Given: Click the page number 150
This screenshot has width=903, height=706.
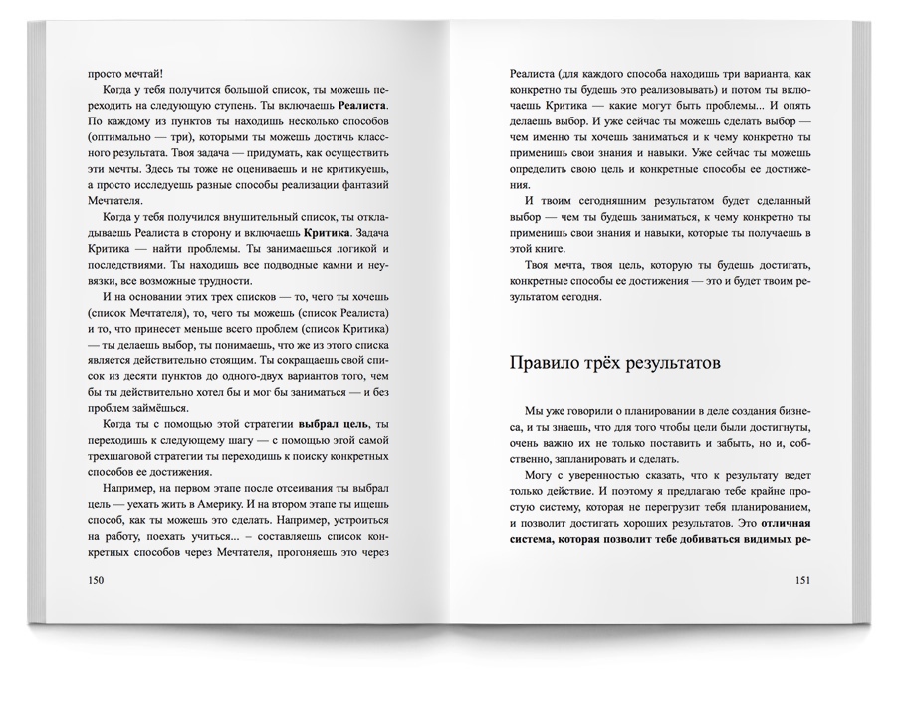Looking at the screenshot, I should click(x=97, y=580).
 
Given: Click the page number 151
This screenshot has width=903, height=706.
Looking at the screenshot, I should click(x=808, y=580).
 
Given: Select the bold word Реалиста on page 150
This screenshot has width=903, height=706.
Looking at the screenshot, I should click(x=362, y=106).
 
